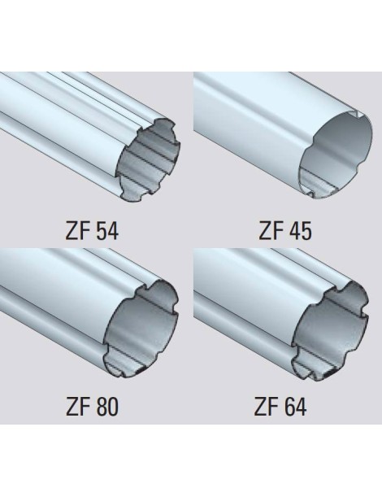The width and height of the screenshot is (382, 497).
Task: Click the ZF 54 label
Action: (92, 231)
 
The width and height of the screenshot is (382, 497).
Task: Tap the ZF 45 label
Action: (285, 231)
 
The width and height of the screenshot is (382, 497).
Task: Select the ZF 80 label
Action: (92, 407)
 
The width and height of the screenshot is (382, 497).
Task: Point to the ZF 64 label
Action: (280, 407)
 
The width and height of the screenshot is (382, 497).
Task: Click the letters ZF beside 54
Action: (76, 231)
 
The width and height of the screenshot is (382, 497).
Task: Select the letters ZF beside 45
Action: (270, 231)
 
